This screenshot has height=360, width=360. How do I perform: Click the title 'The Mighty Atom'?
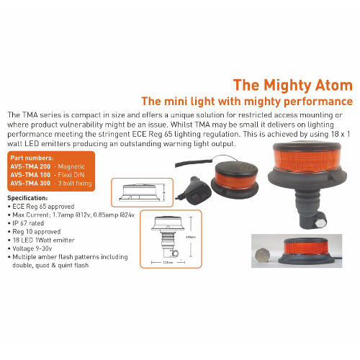click(x=292, y=84)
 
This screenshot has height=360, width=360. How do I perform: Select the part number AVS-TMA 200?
click(x=30, y=166)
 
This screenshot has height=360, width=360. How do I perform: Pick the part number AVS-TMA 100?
click(x=30, y=174)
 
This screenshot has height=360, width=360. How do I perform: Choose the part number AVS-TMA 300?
click(x=30, y=183)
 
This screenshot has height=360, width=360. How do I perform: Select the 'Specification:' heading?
click(x=27, y=197)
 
